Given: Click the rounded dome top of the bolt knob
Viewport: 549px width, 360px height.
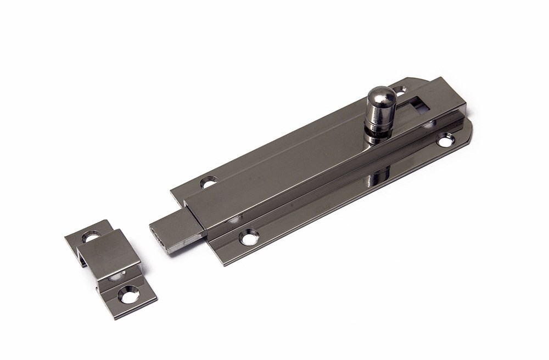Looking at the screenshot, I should tap(382, 97).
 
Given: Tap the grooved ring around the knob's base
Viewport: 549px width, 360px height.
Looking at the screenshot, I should tap(379, 128).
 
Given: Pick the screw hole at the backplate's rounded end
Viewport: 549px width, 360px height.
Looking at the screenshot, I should tap(445, 142).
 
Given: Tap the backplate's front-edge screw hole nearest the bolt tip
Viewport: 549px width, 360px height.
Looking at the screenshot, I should tap(249, 237).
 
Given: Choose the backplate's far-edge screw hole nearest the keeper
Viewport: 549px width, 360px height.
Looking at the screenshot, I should tap(209, 182).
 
